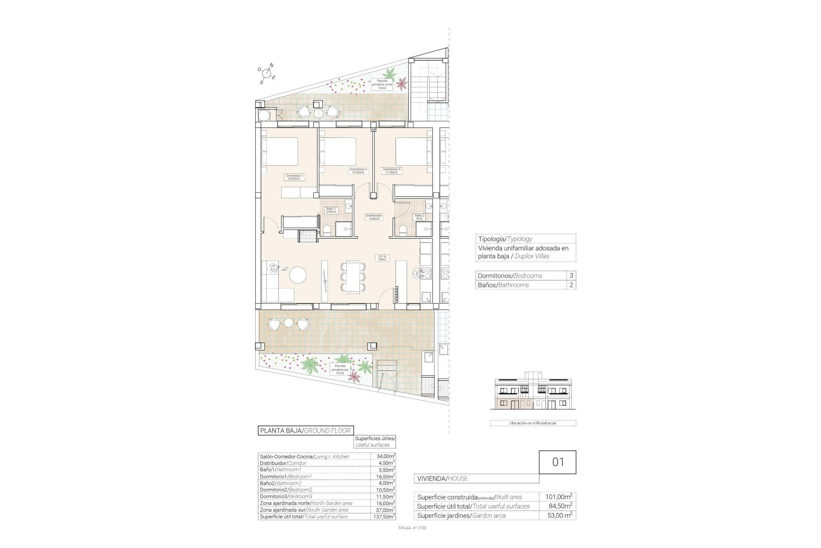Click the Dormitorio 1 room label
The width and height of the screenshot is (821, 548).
pyautogui.click(x=294, y=177)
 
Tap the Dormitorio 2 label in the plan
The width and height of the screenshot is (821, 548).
pyautogui.click(x=358, y=171)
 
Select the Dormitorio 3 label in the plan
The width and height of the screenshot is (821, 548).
pyautogui.click(x=392, y=171)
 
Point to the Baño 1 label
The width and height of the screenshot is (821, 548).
pyautogui.click(x=331, y=210)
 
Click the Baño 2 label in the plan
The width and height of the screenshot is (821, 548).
pyautogui.click(x=419, y=217)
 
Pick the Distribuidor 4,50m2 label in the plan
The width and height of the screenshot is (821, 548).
pyautogui.click(x=374, y=217)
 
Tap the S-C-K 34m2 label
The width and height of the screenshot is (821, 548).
pyautogui.click(x=382, y=258)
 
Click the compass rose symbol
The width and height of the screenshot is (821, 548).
pyautogui.click(x=267, y=74)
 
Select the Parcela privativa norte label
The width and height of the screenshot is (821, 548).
pyautogui.click(x=382, y=84)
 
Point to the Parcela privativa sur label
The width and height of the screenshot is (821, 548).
pyautogui.click(x=340, y=369)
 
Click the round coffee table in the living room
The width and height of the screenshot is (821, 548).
pyautogui.click(x=298, y=275)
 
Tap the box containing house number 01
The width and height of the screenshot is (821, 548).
pyautogui.click(x=558, y=462)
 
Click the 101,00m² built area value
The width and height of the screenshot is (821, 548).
pyautogui.click(x=559, y=497)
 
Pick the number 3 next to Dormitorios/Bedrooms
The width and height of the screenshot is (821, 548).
pyautogui.click(x=571, y=276)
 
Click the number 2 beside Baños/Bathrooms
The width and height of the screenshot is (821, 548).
pyautogui.click(x=571, y=285)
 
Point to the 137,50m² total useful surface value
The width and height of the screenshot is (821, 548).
pyautogui.click(x=383, y=517)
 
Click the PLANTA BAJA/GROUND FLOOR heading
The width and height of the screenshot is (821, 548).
pyautogui.click(x=305, y=431)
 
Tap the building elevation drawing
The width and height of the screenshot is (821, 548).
pyautogui.click(x=533, y=394)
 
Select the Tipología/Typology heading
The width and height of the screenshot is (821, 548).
pyautogui.click(x=505, y=239)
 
